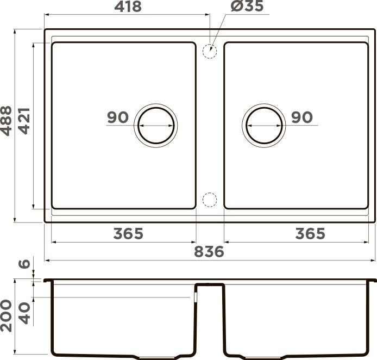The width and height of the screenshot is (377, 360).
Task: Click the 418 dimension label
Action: (128, 7)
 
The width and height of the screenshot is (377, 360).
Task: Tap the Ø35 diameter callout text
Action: (247, 6)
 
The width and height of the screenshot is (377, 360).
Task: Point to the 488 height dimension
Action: (6, 121)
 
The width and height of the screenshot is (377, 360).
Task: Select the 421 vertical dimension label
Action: (24, 121)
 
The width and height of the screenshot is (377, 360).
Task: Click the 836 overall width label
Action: (209, 252)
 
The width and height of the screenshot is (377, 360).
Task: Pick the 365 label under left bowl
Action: (128, 233)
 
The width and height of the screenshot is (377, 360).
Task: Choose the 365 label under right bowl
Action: (310, 233)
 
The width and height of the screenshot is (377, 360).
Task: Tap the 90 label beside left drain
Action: (118, 117)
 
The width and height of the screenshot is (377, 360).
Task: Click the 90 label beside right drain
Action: (302, 117)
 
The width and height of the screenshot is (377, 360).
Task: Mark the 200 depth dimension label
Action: (6, 316)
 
